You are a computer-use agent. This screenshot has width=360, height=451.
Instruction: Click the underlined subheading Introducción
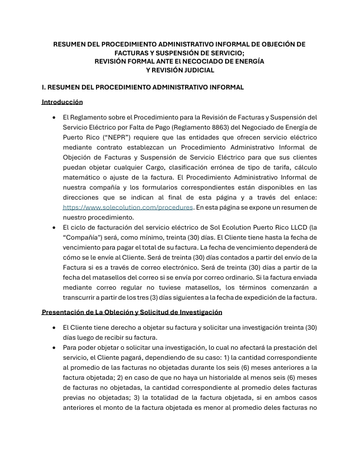[62, 102]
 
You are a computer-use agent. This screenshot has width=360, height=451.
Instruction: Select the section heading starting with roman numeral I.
[143, 87]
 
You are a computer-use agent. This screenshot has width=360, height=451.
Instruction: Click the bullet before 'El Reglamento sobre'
[55, 118]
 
